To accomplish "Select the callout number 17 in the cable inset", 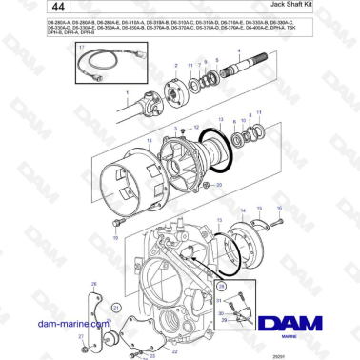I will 82,47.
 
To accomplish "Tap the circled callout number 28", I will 221,285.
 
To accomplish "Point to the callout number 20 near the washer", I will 219,183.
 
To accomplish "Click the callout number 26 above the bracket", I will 93,283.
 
